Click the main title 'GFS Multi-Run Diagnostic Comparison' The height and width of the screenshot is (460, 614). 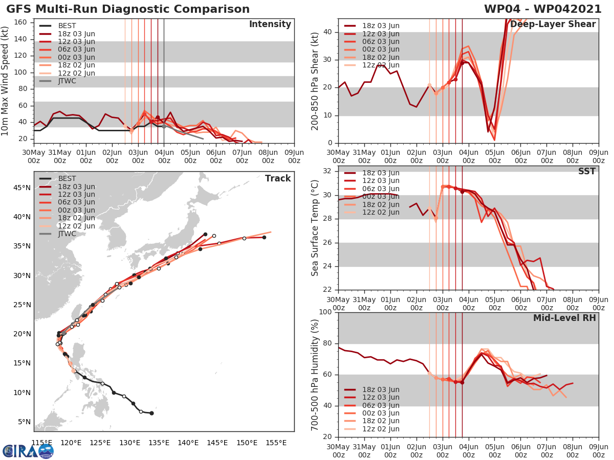point(128,9)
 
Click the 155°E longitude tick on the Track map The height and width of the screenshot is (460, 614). point(276,443)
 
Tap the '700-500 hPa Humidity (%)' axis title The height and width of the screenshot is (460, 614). point(315,374)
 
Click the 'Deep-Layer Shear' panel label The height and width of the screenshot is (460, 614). point(553,25)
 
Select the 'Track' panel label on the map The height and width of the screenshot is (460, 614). point(277,178)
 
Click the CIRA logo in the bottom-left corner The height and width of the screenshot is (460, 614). point(28,451)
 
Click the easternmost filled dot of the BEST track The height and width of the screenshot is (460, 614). point(151,413)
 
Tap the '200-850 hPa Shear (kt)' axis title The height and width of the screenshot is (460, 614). point(315,81)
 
